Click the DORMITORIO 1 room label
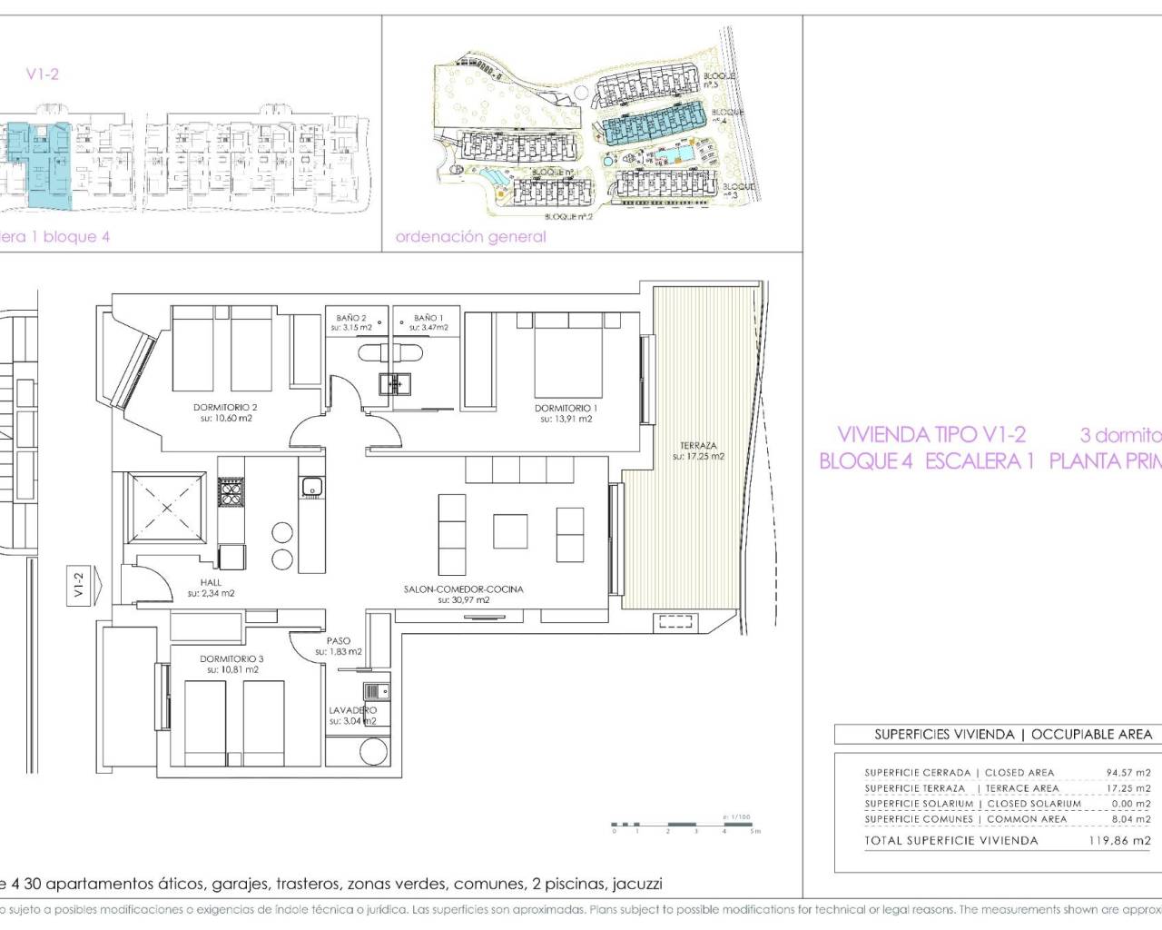coord(566,409)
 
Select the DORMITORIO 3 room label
coord(231,659)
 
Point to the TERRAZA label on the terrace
coord(698,446)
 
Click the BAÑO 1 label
coord(428,319)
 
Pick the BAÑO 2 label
coord(351,319)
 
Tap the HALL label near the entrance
coord(211,583)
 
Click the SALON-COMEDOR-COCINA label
coord(463,589)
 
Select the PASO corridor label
coord(339,641)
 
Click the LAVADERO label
coord(352,710)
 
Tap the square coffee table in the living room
coord(510,530)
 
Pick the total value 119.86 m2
coord(1119,841)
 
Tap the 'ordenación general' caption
coord(471,237)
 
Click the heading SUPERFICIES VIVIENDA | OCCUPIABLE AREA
coord(1012,734)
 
